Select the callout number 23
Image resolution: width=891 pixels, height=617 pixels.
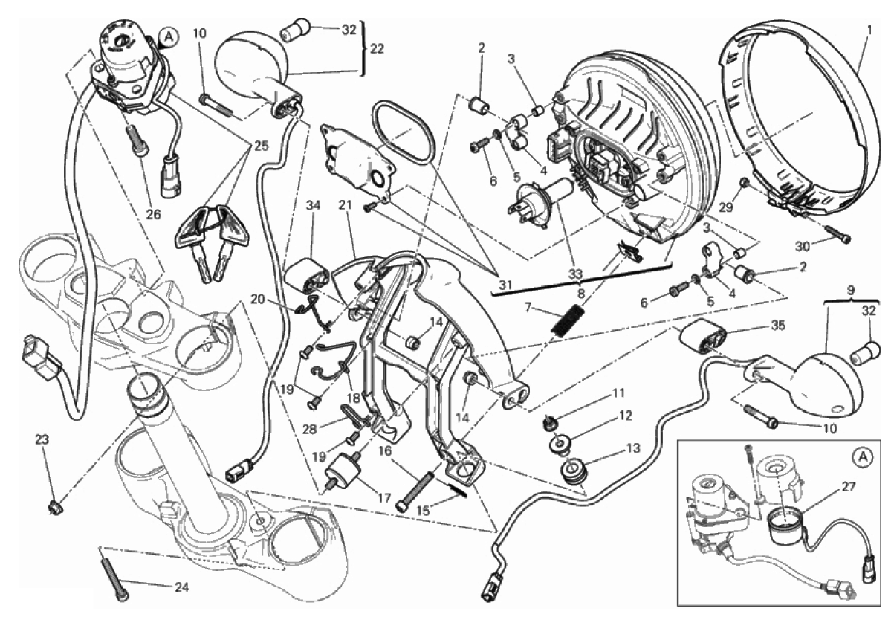42,439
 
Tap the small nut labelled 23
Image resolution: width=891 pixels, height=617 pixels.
54,508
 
